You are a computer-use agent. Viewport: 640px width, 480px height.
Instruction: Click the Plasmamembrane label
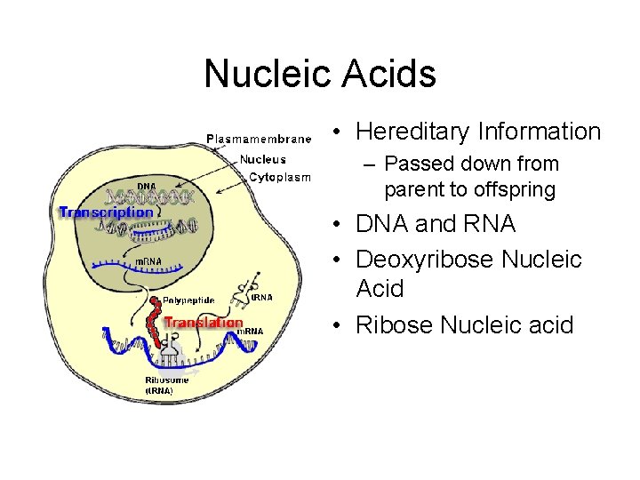pos(259,138)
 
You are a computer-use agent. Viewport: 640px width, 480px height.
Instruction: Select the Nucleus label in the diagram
pos(262,159)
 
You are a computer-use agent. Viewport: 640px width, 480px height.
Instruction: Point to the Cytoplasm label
pos(279,177)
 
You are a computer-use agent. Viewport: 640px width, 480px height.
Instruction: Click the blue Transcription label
pos(106,212)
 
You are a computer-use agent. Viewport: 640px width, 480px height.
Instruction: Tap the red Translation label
pos(204,323)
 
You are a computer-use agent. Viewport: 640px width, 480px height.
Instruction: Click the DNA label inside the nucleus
pos(146,187)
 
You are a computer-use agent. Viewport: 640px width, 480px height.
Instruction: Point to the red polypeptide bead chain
pos(156,324)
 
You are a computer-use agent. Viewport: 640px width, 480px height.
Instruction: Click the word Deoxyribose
pos(424,259)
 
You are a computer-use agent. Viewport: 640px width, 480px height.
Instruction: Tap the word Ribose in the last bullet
pos(388,325)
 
